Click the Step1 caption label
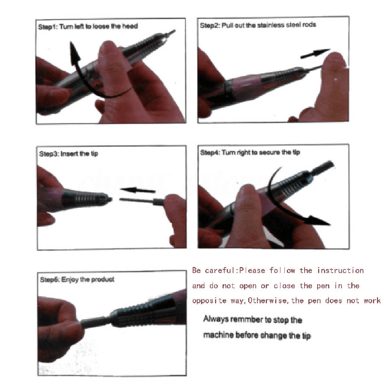[88, 26]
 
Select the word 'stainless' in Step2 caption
[271, 25]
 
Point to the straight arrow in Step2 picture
[315, 53]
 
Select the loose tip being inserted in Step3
[142, 201]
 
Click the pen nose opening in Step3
[110, 199]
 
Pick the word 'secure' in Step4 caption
[270, 152]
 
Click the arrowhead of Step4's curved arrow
[318, 220]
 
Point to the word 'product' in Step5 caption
[103, 279]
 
